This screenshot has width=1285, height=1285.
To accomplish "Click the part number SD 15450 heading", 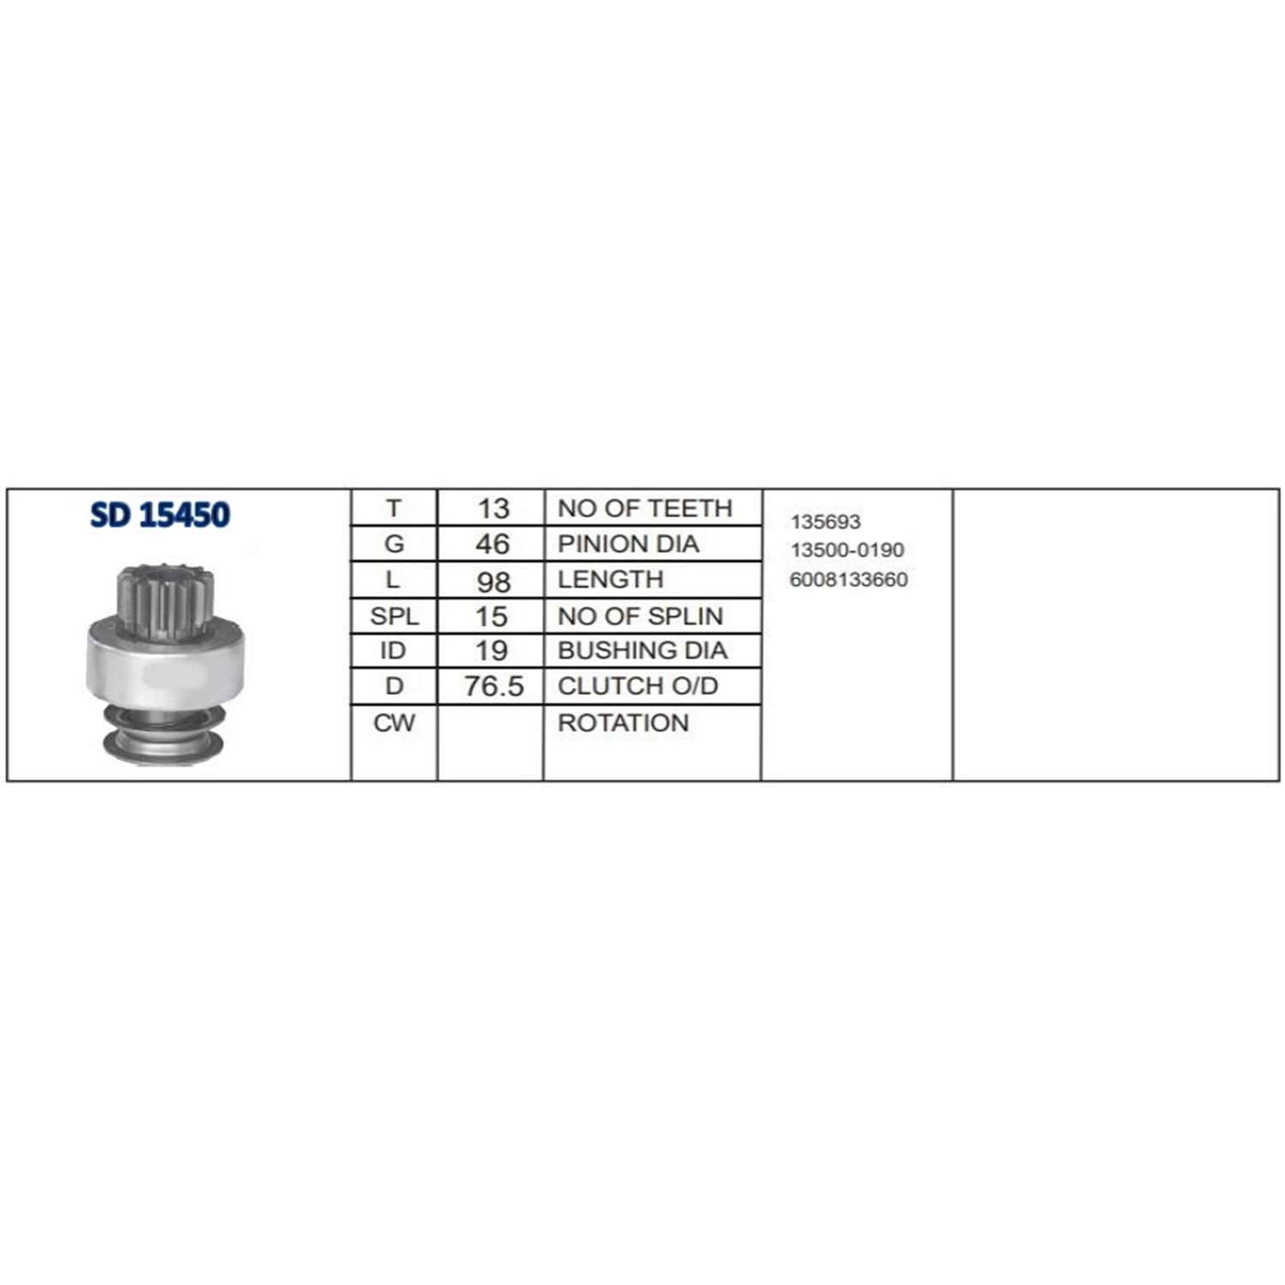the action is (x=160, y=514).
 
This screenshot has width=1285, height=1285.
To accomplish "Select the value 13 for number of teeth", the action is (x=493, y=508).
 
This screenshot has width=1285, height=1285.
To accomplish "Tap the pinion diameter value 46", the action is (x=493, y=544).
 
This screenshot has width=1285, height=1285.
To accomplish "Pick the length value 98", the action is (x=493, y=582).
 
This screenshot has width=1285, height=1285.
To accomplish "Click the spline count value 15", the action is (x=492, y=616).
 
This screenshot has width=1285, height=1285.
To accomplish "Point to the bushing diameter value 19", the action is (x=492, y=650).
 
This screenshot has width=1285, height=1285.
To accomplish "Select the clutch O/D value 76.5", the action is (x=493, y=686).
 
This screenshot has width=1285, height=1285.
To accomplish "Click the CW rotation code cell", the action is (x=394, y=723).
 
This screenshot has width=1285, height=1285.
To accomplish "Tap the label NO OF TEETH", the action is (x=645, y=508).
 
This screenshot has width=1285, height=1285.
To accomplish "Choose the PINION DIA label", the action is (x=628, y=544).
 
